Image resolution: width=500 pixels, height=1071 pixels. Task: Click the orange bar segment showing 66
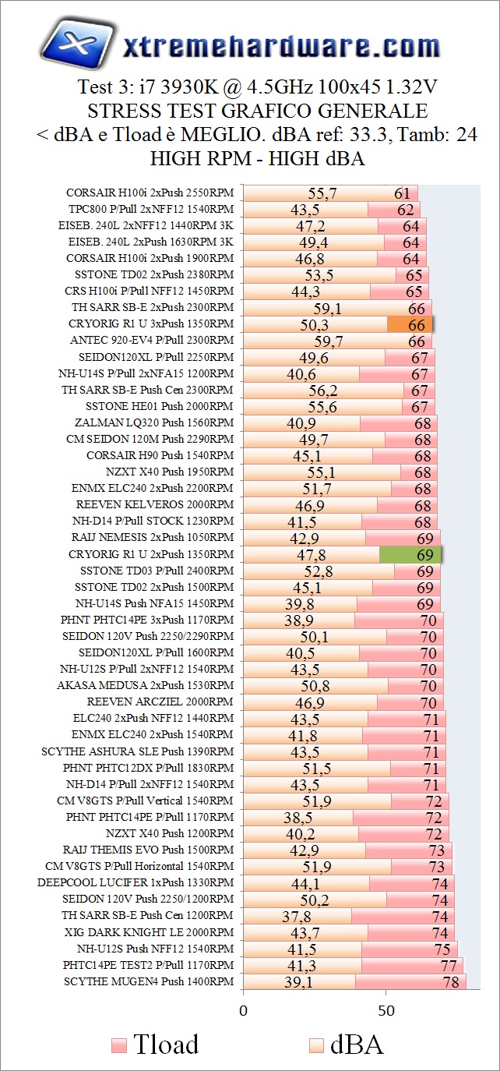click(x=410, y=324)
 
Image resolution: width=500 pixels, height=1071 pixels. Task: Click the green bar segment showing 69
click(x=410, y=555)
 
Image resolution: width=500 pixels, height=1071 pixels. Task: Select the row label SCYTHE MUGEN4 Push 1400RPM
click(x=148, y=982)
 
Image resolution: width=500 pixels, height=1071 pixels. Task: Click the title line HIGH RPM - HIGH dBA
click(x=258, y=159)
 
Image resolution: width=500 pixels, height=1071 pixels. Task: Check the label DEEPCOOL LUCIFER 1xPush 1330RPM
click(x=135, y=883)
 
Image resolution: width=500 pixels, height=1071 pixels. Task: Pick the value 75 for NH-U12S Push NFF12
click(x=442, y=949)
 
